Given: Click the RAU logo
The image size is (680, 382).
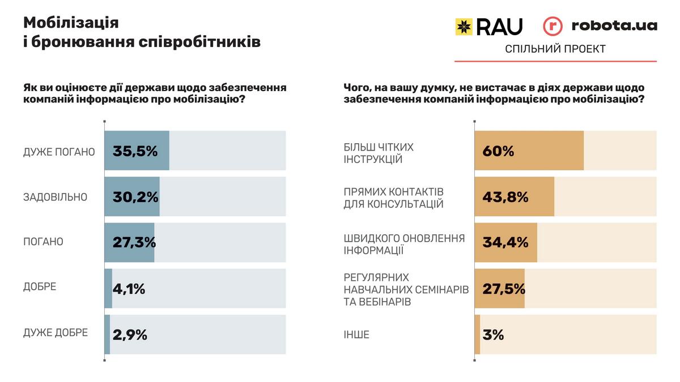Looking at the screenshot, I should point(488,26).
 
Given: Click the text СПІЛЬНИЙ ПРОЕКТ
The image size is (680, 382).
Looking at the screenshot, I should point(555,49).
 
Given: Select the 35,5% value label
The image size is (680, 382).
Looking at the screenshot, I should point(135,151).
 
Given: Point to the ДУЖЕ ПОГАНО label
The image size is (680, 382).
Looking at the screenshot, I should point(59,152).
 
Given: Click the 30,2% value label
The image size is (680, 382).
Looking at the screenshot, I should point(135,197).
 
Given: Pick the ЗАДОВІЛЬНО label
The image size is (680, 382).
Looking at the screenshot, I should point(55,198).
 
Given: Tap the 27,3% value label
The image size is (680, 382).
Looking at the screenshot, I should point(134,242).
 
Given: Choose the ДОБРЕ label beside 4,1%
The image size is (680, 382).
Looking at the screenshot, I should point(40,286).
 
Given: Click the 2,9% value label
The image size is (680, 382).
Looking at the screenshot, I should point(130,334).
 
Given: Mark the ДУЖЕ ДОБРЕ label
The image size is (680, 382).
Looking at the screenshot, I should point(56,333).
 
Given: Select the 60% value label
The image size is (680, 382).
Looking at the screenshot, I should point(498,151).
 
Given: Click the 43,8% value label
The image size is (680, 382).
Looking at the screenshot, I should point(505,197).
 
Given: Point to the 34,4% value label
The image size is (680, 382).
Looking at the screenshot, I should point(505,242).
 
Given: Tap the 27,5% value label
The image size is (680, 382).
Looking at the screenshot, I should point(504,288).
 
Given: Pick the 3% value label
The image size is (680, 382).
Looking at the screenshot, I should point(493,334).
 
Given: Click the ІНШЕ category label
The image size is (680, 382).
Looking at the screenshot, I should point(356,334).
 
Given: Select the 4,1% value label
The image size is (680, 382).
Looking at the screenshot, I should point(129,289).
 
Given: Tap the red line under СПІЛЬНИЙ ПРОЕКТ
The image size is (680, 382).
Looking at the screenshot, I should point(555,61).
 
